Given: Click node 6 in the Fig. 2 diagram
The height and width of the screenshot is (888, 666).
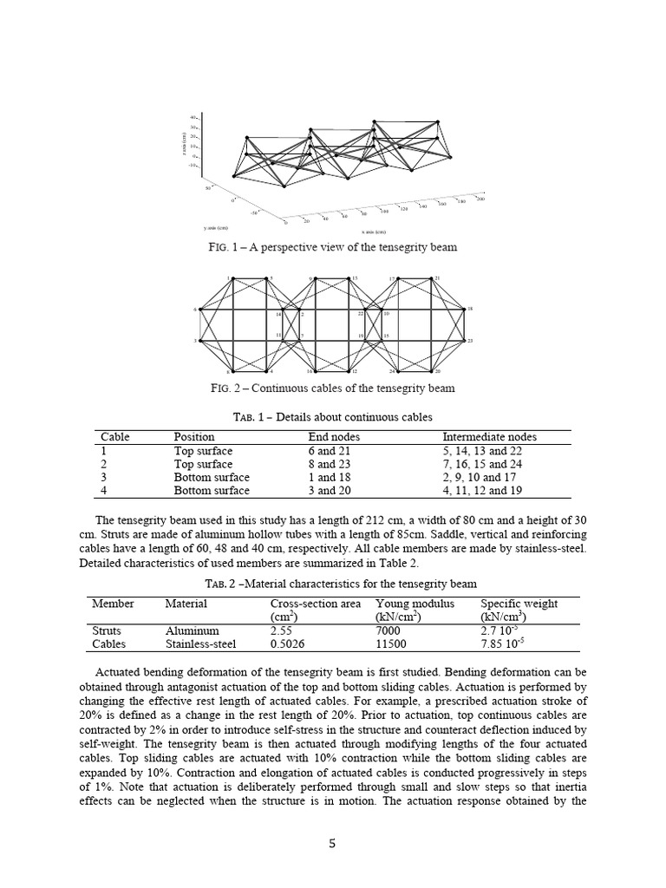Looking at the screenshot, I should click(199, 309).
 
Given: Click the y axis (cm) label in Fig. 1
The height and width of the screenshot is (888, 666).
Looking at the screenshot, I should click(216, 227).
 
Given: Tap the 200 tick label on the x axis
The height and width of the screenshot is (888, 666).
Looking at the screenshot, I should click(480, 199).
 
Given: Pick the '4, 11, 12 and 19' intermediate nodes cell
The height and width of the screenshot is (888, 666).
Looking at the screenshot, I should click(489, 490).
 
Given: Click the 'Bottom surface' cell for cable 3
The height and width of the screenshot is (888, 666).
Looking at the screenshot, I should click(212, 477).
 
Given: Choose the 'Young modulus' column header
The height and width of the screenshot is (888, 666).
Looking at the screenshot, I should click(415, 604).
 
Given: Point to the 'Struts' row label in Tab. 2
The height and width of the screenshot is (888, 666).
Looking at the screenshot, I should click(107, 631).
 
